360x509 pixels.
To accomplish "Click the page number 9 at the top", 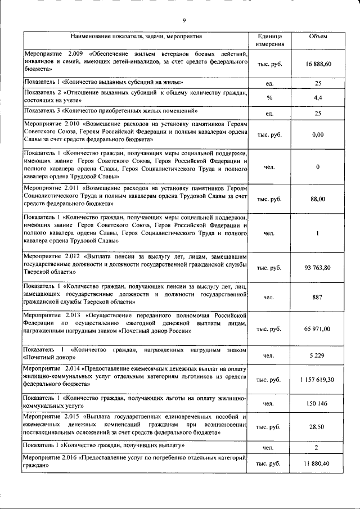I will (x=184, y=21).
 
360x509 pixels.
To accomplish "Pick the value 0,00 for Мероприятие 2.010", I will (x=318, y=135).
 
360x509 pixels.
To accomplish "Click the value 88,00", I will (x=318, y=199).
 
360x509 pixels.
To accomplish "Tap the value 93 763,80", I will (x=318, y=267).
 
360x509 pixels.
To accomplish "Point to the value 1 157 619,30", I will (x=318, y=380).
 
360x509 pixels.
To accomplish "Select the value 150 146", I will (x=318, y=404).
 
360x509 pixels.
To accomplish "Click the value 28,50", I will (x=318, y=427).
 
